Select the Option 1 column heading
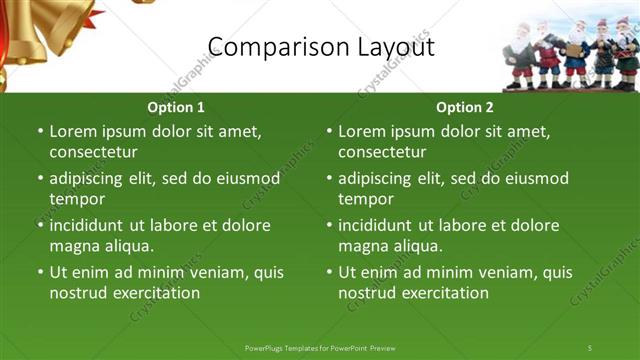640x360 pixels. click(x=175, y=107)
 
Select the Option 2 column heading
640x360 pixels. click(x=464, y=107)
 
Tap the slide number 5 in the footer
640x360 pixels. click(x=589, y=347)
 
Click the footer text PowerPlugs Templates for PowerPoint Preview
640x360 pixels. click(x=320, y=347)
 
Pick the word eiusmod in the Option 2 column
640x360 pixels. click(x=535, y=178)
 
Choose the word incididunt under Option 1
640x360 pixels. click(x=93, y=225)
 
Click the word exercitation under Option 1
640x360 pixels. click(x=154, y=293)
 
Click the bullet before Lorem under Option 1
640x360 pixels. click(x=40, y=131)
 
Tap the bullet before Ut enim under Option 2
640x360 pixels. click(x=329, y=272)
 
